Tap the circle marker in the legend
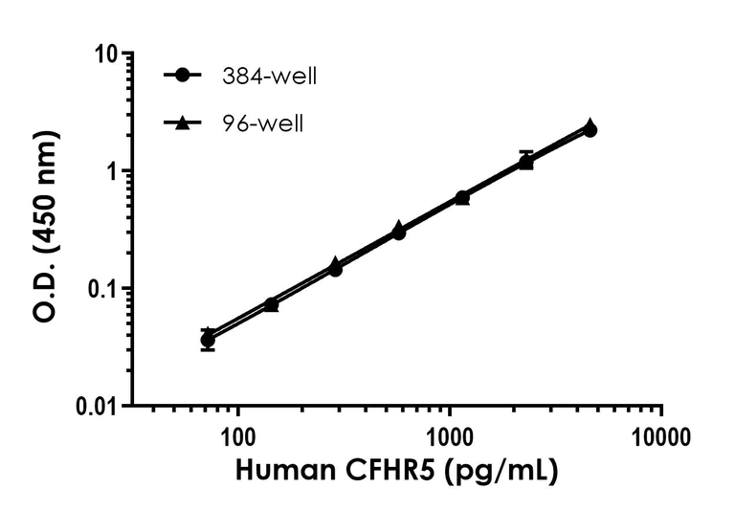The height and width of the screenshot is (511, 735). (x=180, y=76)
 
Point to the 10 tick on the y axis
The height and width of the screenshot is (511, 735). (x=112, y=55)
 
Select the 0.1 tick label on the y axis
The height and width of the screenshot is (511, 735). (x=107, y=289)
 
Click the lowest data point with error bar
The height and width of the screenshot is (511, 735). (x=208, y=339)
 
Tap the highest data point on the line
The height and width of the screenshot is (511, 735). (x=590, y=128)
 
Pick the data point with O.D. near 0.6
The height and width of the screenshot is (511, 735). (x=462, y=198)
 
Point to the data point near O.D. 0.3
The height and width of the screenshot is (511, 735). (x=398, y=232)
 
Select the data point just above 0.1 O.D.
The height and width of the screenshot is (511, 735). (x=335, y=268)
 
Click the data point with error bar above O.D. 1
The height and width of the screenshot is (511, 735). (x=526, y=162)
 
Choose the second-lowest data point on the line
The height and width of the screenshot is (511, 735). (x=271, y=304)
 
